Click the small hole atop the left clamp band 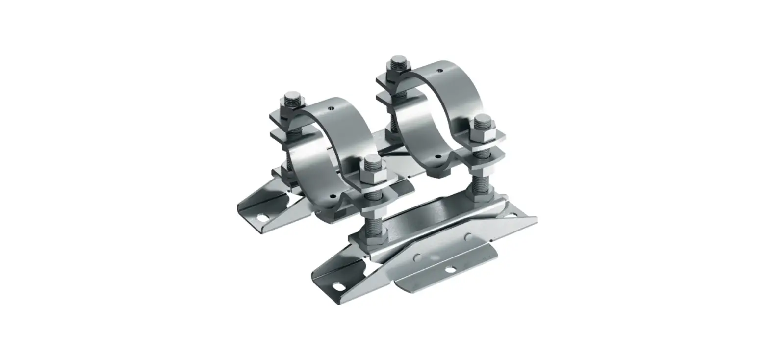point(332,107)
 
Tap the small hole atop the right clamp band point(440,71)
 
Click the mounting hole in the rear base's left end point(264,216)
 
